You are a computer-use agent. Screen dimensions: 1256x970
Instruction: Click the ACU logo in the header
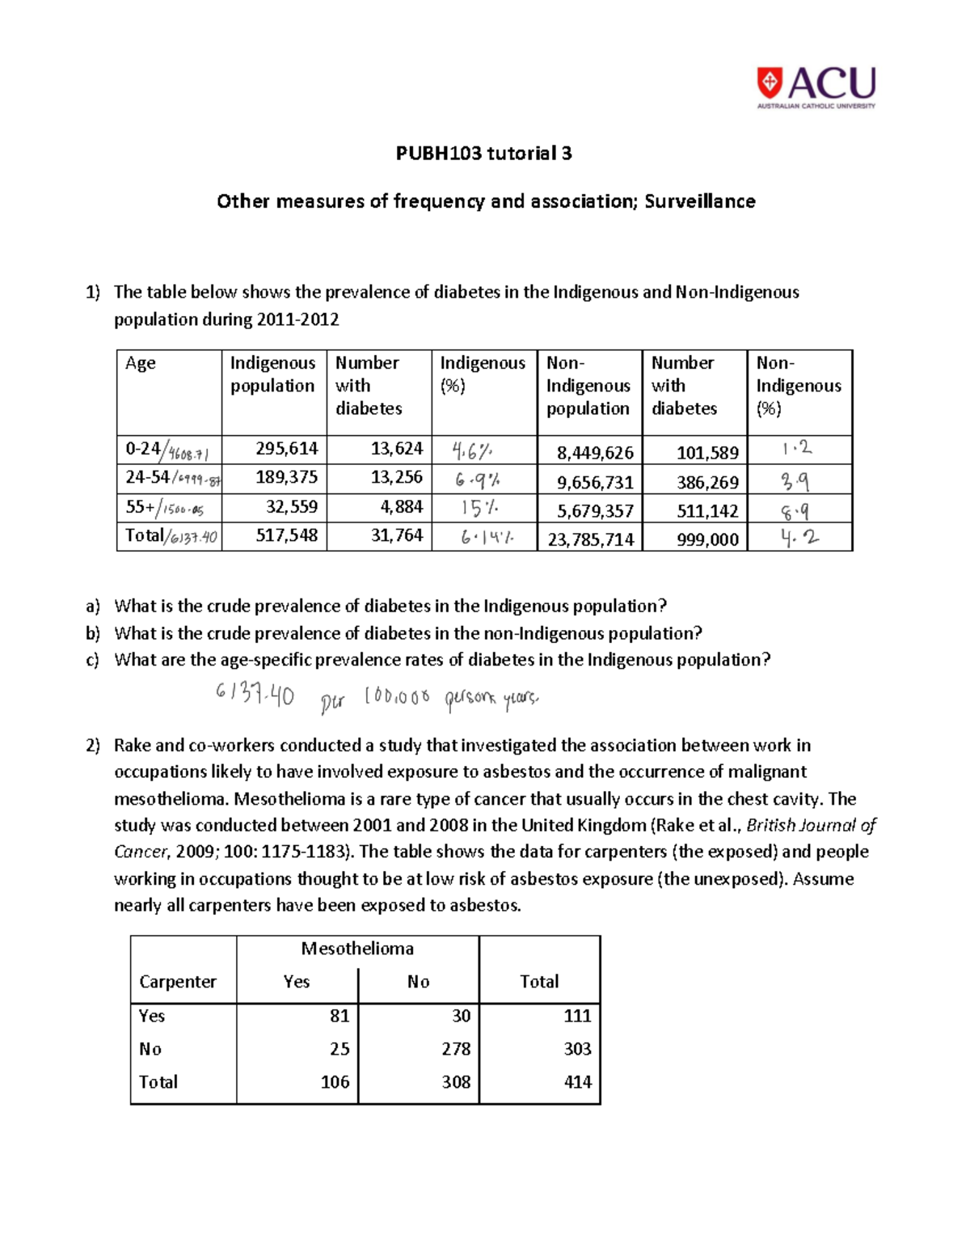pos(816,87)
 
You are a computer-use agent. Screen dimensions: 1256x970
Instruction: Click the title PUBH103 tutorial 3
pos(483,153)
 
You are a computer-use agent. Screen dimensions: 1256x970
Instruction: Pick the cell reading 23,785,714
pos(590,539)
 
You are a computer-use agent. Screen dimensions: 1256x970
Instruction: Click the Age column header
pos(141,363)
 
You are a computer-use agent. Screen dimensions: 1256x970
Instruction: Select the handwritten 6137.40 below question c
pos(255,694)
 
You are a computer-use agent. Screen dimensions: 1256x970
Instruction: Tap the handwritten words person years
pos(491,699)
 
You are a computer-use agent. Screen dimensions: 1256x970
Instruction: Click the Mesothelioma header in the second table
pos(357,949)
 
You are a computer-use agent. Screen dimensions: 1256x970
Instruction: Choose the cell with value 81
pos(339,1016)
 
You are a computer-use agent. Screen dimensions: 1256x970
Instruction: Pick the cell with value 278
pos(456,1049)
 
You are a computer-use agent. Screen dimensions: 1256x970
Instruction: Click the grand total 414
pos(577,1082)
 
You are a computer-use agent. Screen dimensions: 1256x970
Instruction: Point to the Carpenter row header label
pos(178,982)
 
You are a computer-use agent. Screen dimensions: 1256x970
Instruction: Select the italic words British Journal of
pos(811,826)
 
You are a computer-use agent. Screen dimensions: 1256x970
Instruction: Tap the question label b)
pos(93,633)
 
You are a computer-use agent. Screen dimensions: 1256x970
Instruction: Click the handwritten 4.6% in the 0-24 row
pos(472,450)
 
